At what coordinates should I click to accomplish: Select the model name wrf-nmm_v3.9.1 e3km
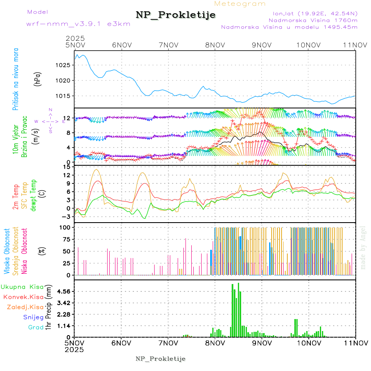point(73,23)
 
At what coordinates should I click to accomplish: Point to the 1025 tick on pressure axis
point(66,65)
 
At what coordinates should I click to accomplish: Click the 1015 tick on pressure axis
point(66,96)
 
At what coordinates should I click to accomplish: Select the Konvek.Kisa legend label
point(23,297)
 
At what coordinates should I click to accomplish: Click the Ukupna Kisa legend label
point(22,286)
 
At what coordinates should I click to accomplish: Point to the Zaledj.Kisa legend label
point(25,307)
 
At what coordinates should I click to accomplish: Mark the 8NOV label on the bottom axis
point(216,343)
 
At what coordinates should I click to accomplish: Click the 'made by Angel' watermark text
point(363,247)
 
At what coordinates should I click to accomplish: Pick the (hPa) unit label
point(37,81)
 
